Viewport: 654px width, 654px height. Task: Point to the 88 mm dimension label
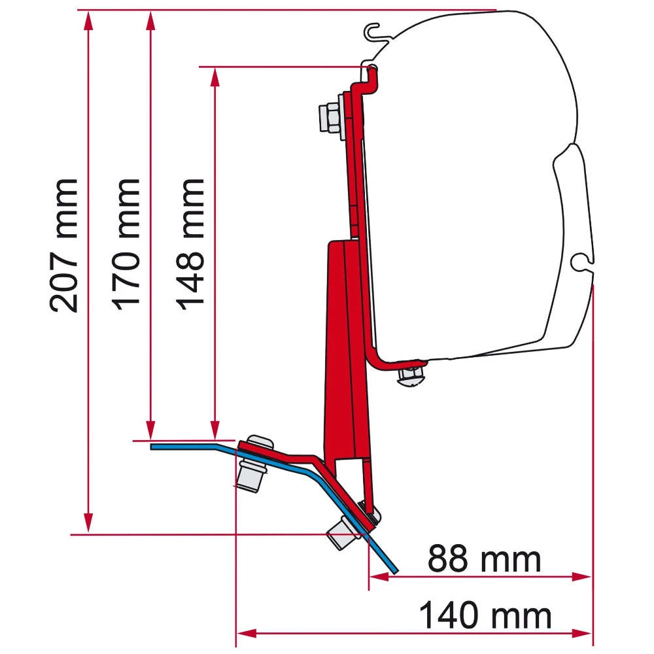point(485,559)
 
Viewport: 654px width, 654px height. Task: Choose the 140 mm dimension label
point(485,616)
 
